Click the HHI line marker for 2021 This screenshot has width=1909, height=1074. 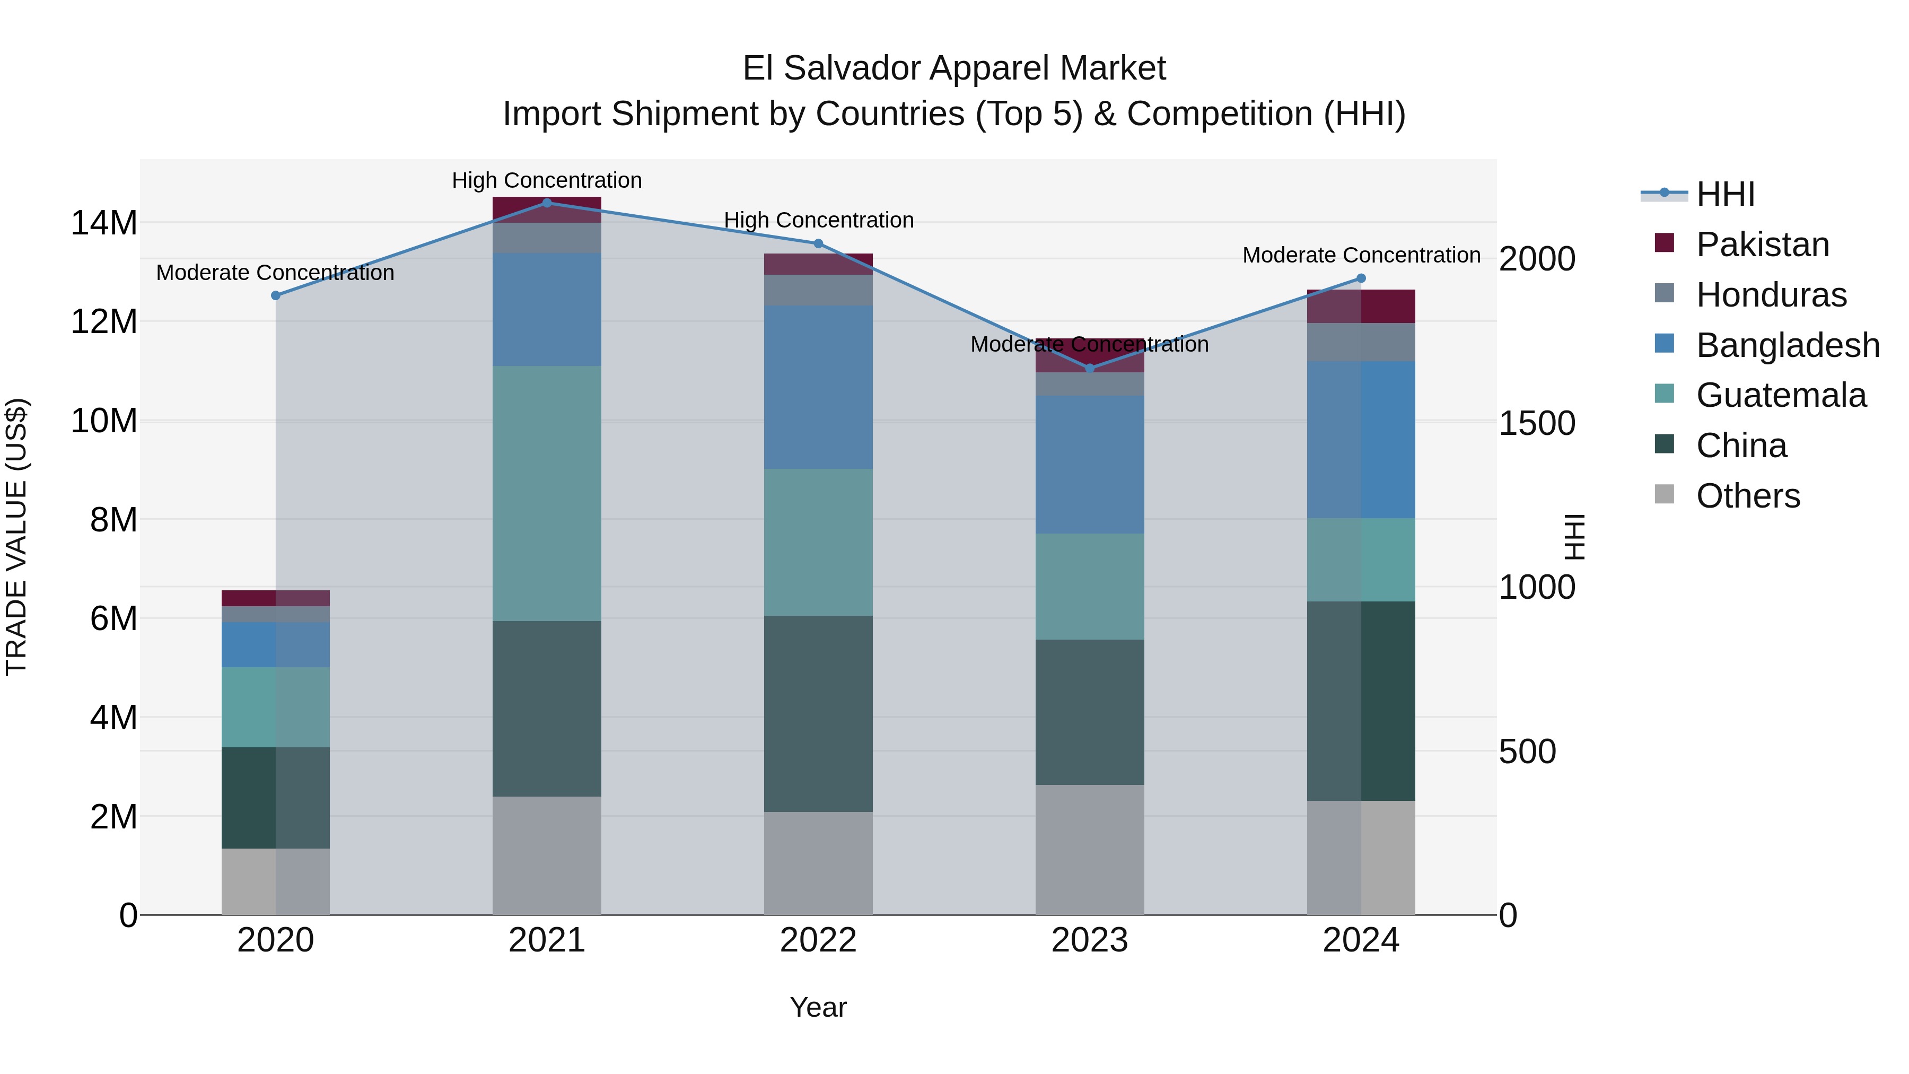point(547,203)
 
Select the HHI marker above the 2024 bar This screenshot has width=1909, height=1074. point(1361,278)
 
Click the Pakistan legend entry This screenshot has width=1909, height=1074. point(1762,245)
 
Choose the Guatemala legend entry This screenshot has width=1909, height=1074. point(1780,395)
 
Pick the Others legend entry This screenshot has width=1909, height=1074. point(1747,496)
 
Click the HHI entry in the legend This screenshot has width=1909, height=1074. point(1724,194)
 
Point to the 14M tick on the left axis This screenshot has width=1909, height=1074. point(104,222)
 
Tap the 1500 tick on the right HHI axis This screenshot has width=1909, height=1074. point(1536,423)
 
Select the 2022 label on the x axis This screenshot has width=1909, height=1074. point(818,940)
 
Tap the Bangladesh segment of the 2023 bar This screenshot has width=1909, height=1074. point(1089,464)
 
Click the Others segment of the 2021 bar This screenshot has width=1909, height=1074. point(547,855)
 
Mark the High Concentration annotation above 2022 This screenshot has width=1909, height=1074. point(818,220)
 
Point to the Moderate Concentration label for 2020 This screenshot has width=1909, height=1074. point(275,273)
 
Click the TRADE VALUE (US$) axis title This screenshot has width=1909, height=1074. point(16,537)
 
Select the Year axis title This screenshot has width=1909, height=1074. point(818,1007)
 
